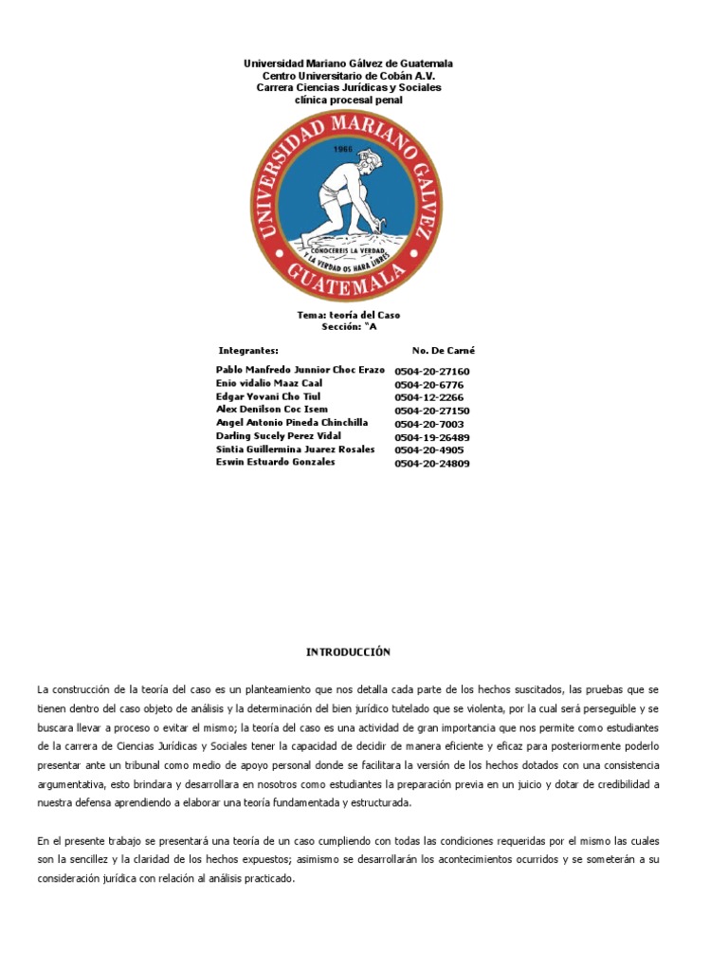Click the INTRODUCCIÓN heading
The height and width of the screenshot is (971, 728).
[348, 652]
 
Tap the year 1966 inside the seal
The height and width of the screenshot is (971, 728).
[343, 149]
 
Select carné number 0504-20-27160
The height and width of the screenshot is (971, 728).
[431, 372]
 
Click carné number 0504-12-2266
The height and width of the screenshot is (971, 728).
[428, 398]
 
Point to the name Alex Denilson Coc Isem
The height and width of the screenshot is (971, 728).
[272, 410]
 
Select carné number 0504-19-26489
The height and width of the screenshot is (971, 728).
[431, 438]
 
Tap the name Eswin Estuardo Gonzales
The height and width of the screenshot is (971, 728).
[275, 462]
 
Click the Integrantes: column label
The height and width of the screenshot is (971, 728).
[248, 350]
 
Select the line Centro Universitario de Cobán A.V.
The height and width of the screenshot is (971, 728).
[348, 75]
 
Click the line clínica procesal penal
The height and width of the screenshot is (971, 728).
[348, 100]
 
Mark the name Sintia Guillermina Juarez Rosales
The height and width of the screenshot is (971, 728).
[295, 449]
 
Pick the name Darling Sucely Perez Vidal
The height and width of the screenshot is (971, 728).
[278, 436]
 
